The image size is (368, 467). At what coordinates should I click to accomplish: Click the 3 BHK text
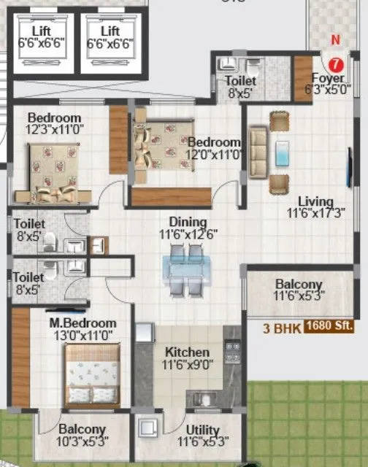pyautogui.click(x=283, y=328)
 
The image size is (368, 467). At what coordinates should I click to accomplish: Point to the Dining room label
pyautogui.click(x=187, y=223)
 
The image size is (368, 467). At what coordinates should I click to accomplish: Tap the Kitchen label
pyautogui.click(x=187, y=352)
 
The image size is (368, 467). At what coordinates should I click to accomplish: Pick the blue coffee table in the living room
pyautogui.click(x=282, y=154)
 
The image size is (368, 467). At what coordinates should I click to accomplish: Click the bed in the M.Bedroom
pyautogui.click(x=92, y=375)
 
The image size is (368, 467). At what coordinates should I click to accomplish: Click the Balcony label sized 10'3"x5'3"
pyautogui.click(x=82, y=430)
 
